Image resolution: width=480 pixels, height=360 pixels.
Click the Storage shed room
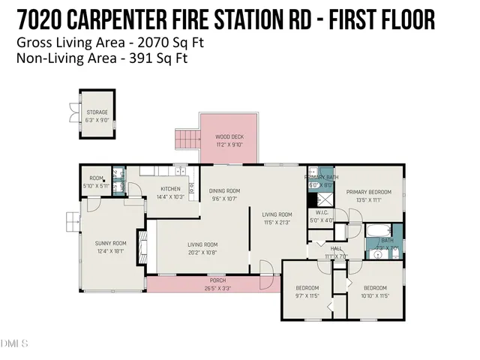point(97,115)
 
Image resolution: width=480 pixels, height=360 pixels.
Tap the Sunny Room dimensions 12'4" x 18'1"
point(110,251)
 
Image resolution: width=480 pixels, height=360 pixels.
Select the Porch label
point(217,280)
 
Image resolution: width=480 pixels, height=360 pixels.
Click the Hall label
point(336,248)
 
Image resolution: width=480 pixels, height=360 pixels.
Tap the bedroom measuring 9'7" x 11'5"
point(307,292)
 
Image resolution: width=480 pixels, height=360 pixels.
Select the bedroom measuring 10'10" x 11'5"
point(375,292)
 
